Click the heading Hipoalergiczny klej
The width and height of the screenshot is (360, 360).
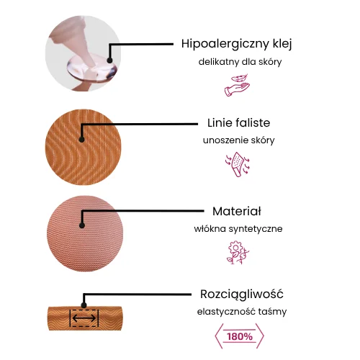236,44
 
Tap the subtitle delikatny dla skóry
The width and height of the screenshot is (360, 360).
240,62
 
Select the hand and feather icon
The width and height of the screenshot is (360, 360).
238,85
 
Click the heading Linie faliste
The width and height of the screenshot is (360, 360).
238,122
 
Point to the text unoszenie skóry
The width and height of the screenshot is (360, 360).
238,140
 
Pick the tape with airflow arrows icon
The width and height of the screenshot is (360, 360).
238,164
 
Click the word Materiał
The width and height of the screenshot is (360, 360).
237,212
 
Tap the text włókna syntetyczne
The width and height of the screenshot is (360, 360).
238,229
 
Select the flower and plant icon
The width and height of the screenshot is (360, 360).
238,253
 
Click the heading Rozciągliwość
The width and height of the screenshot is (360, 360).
242,294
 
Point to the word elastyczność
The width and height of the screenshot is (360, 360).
224,312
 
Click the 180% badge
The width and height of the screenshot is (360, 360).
240,336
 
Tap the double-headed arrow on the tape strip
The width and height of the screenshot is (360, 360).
84,318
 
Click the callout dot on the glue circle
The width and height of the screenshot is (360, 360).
109,60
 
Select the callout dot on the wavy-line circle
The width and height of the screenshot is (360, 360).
81,139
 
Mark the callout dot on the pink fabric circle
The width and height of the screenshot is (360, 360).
82,225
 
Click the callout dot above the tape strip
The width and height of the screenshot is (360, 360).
84,305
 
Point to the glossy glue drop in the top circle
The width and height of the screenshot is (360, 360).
92,68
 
